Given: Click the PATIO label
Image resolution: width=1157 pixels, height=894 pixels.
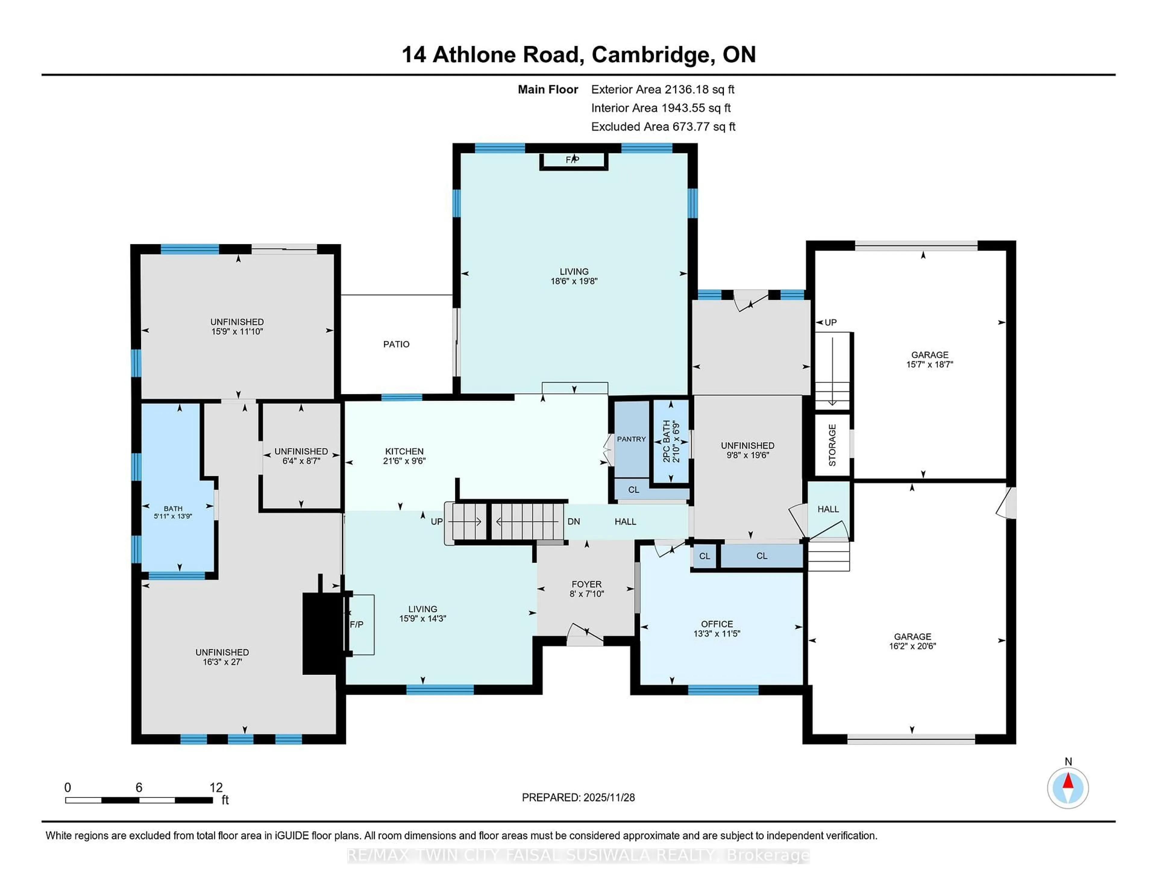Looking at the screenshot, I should [x=396, y=344].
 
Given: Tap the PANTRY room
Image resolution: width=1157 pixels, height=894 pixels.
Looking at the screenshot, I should [x=631, y=439].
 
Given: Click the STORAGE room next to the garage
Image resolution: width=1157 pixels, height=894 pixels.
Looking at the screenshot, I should [x=832, y=445].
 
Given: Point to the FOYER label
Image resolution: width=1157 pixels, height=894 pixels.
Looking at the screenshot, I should [x=586, y=584].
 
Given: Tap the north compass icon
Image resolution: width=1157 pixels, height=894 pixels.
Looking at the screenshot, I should [x=1068, y=788].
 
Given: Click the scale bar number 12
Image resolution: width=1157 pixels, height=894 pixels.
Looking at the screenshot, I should [x=216, y=788].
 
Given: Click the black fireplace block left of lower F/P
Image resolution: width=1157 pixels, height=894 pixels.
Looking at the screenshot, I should [x=321, y=633].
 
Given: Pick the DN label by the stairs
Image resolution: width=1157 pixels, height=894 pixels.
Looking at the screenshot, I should [x=574, y=522].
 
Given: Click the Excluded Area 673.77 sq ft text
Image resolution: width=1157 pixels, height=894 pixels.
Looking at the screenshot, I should [x=663, y=127].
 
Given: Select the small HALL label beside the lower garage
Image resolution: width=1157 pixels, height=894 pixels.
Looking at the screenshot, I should [x=828, y=509].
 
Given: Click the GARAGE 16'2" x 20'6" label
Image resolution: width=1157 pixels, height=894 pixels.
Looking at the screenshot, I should [x=912, y=641].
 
